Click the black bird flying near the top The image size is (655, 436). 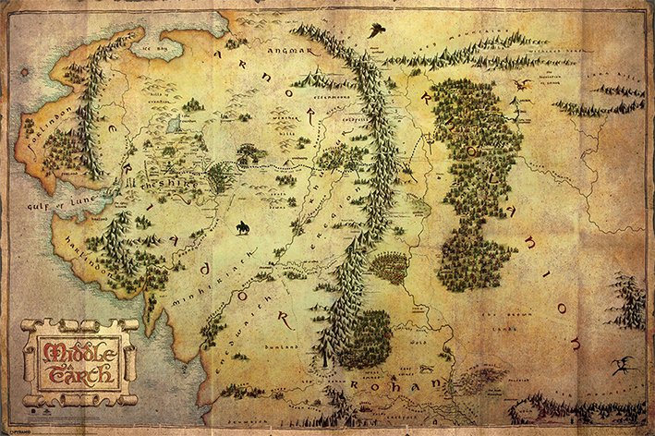click(x=375, y=30)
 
